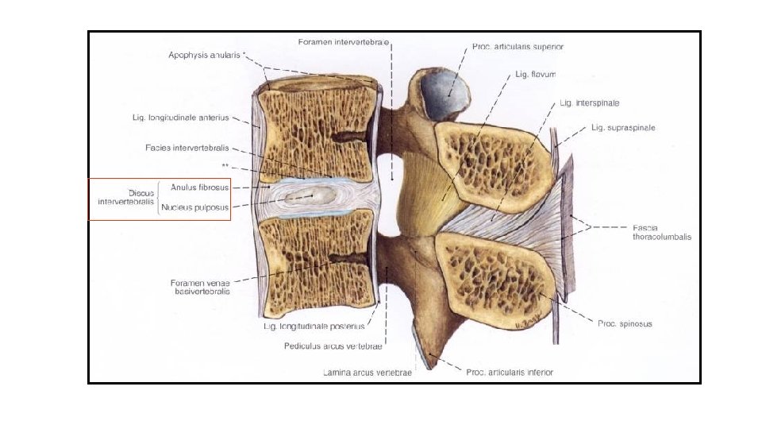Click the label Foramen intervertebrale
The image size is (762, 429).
(343, 41)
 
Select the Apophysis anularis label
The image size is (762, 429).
(205, 56)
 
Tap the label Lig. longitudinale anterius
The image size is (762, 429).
(180, 118)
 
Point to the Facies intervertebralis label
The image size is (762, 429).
(187, 148)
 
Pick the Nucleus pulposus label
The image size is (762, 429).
(195, 208)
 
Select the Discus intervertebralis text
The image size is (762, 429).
(125, 198)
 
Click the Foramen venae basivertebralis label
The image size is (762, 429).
(200, 287)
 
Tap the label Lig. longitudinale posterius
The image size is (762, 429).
(314, 326)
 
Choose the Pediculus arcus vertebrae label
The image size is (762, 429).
(333, 346)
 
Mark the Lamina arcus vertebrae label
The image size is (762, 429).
(368, 373)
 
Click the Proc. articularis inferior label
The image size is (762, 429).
(509, 372)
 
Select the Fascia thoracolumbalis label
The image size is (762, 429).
(661, 232)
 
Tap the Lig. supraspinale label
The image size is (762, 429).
(623, 127)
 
